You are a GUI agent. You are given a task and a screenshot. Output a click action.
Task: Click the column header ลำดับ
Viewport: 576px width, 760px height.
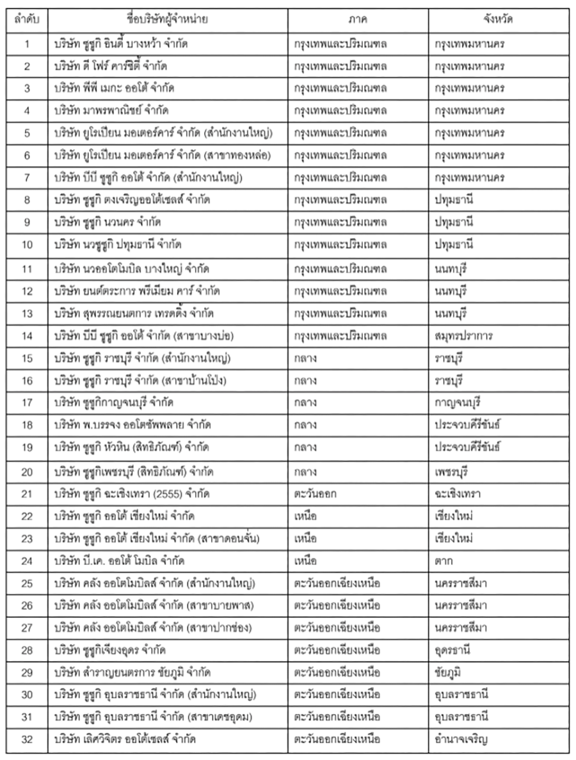27,19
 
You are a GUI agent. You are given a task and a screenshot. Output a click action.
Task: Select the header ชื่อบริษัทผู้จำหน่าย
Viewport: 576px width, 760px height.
168,19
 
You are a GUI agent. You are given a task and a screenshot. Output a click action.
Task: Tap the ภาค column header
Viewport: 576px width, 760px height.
358,19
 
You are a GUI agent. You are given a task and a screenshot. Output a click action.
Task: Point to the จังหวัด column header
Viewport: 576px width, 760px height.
499,19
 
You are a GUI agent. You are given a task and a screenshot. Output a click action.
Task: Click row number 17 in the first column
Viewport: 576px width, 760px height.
27,403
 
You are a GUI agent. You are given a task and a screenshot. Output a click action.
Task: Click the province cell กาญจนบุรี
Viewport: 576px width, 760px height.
457,403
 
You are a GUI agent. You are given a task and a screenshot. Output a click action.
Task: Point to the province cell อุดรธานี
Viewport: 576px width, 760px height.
452,651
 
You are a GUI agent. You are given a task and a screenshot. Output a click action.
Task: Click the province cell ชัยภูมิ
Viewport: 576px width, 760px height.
449,673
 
